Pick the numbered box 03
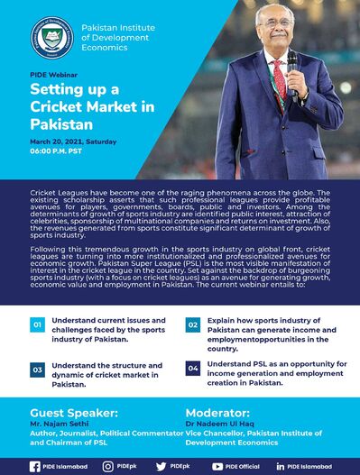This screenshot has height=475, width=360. pos(37,370)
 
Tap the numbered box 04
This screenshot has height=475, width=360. pos(192,369)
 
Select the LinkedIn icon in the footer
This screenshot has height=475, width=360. pos(281,465)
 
